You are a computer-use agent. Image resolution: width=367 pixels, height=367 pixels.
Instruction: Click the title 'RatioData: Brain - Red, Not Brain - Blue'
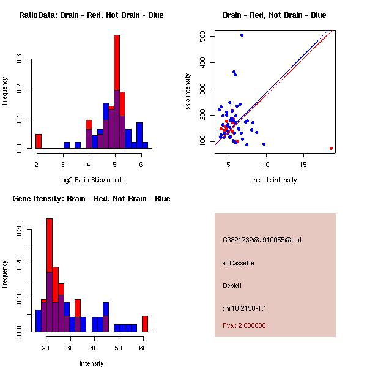(x=91, y=15)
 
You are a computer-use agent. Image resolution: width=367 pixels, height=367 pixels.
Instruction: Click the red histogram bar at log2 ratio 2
(x=38, y=141)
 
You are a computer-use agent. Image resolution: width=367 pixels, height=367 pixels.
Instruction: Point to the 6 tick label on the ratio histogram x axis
(x=141, y=165)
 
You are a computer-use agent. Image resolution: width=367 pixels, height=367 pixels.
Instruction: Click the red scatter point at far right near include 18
(x=331, y=148)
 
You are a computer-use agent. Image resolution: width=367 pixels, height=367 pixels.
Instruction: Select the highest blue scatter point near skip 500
(x=242, y=35)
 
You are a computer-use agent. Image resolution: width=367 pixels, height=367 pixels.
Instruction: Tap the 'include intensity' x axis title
(x=274, y=180)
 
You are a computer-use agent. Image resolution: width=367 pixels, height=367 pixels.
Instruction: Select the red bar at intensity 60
(x=145, y=324)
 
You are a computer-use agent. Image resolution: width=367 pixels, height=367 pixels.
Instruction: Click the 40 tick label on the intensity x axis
(x=94, y=348)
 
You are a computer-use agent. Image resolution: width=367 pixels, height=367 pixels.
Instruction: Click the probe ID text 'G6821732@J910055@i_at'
(x=262, y=240)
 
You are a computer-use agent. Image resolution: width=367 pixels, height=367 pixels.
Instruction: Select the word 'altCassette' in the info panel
(x=239, y=263)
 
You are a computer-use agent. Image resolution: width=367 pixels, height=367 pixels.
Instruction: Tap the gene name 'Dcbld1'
(x=234, y=286)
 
